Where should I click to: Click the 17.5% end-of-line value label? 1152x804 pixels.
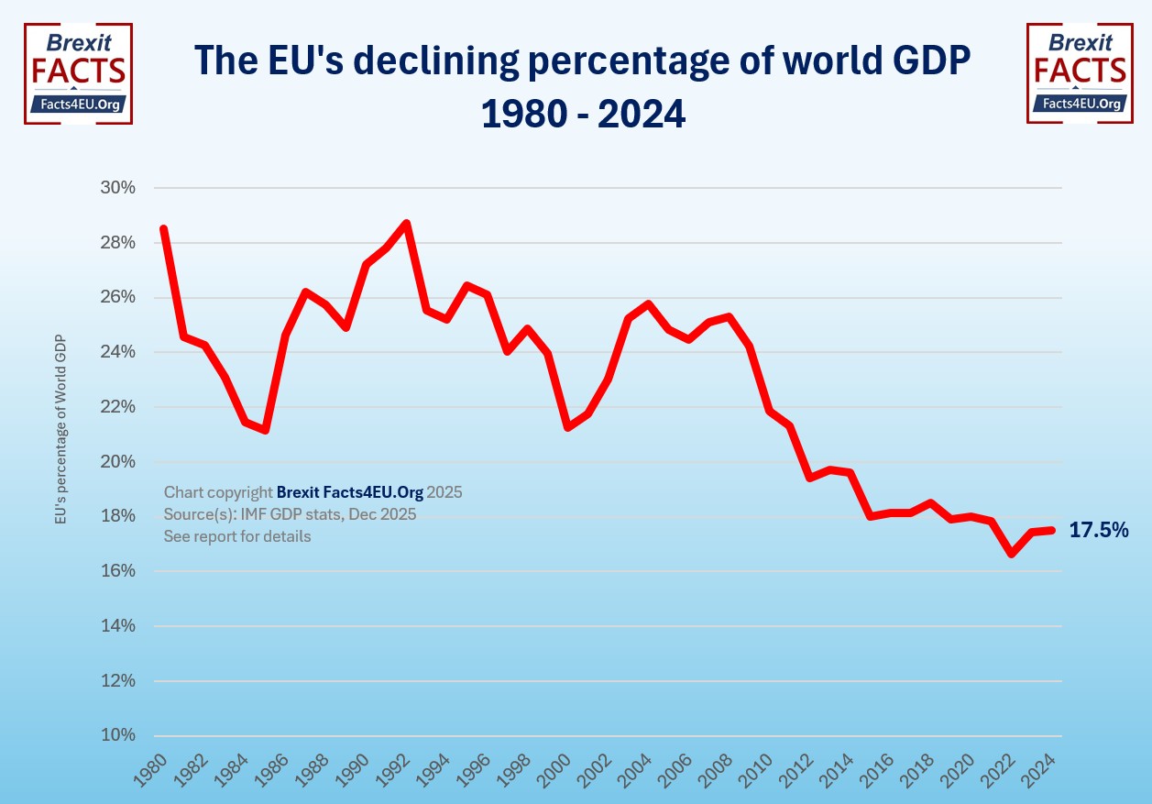[1099, 530]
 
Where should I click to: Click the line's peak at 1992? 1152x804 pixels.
[406, 223]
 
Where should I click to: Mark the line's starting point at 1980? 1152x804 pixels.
[164, 228]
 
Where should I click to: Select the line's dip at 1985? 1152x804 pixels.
[265, 430]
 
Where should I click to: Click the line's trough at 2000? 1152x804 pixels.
[568, 427]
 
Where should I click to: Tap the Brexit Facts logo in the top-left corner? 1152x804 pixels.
[78, 73]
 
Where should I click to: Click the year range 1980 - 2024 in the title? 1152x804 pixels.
[584, 114]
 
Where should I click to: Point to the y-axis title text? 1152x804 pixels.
[61, 429]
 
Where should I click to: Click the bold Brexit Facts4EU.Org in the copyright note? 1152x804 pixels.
[350, 492]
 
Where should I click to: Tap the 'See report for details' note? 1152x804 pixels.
[237, 536]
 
